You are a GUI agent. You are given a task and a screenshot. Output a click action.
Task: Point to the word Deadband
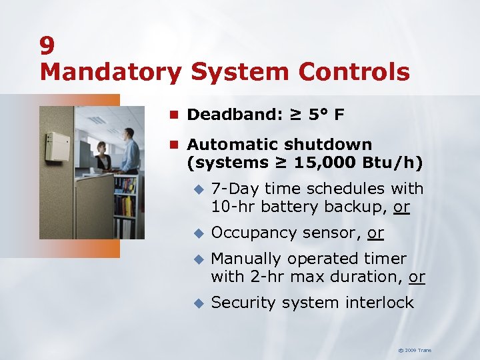tap(229, 115)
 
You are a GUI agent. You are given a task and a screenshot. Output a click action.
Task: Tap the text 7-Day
tap(233, 189)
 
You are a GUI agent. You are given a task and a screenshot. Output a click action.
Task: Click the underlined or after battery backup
tap(401, 207)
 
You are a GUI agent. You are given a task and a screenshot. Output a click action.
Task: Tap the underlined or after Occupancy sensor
tap(375, 233)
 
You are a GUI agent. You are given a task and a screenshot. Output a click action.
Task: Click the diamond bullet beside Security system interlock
tap(197, 303)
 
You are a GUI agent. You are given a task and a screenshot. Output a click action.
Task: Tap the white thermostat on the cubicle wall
tap(58, 146)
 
